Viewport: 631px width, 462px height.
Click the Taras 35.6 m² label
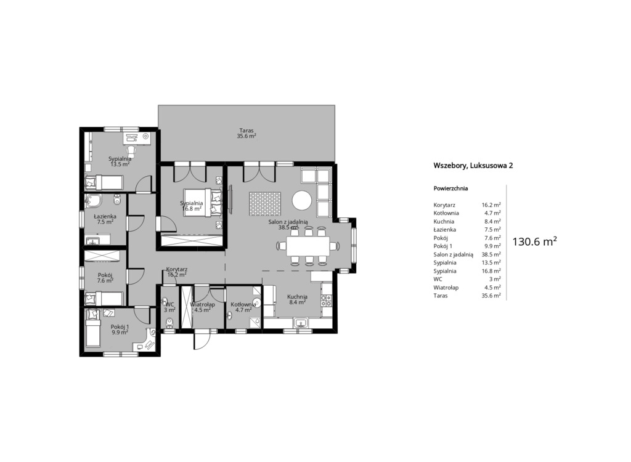(x=246, y=133)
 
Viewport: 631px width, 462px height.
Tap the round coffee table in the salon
(x=302, y=200)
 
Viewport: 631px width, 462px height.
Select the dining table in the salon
(x=308, y=246)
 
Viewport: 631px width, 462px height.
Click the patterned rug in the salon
(x=265, y=204)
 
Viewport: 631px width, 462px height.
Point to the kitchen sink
(x=301, y=323)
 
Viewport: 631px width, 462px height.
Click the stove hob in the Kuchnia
(x=327, y=300)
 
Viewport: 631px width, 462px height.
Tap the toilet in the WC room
(x=170, y=323)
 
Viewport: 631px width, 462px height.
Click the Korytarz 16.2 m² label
(x=177, y=272)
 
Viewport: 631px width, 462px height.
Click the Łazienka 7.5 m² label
(x=105, y=219)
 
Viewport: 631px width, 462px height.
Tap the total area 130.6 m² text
(x=534, y=241)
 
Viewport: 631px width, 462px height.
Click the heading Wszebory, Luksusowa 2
(x=473, y=166)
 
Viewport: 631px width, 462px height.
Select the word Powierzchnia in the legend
(x=450, y=188)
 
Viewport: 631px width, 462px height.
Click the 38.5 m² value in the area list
(x=491, y=254)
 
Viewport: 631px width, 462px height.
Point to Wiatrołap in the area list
(x=446, y=287)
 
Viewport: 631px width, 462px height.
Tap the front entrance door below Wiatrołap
(x=202, y=339)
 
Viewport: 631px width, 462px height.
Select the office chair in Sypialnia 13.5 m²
(x=132, y=150)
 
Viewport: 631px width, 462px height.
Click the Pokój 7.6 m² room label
(x=105, y=278)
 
